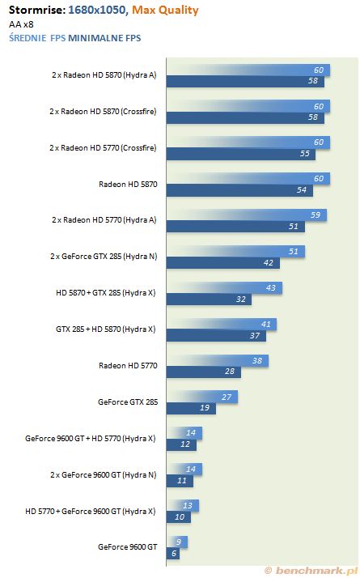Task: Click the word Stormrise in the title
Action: pyautogui.click(x=36, y=10)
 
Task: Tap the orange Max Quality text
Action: pyautogui.click(x=165, y=11)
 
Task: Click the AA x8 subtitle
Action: pyautogui.click(x=21, y=25)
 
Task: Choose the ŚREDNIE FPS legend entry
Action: pyautogui.click(x=37, y=37)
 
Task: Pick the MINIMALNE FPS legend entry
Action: pyautogui.click(x=104, y=38)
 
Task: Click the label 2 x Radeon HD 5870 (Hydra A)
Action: pyautogui.click(x=104, y=75)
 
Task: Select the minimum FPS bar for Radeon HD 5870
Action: pyautogui.click(x=239, y=190)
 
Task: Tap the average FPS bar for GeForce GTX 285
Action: pyautogui.click(x=202, y=397)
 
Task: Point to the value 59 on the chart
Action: pyautogui.click(x=316, y=215)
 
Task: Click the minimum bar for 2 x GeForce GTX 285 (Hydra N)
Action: pyautogui.click(x=223, y=263)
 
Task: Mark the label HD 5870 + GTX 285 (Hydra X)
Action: pyautogui.click(x=106, y=293)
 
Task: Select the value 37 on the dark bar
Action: pyautogui.click(x=255, y=336)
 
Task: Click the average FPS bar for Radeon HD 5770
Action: pyautogui.click(x=218, y=360)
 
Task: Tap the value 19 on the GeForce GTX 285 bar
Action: pyautogui.click(x=205, y=408)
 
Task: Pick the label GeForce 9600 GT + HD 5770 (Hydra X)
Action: pyautogui.click(x=91, y=439)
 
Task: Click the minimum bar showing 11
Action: pyautogui.click(x=180, y=481)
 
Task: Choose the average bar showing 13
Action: pyautogui.click(x=183, y=505)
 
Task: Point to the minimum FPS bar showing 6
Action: pyautogui.click(x=173, y=553)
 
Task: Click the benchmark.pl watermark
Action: pyautogui.click(x=311, y=571)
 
